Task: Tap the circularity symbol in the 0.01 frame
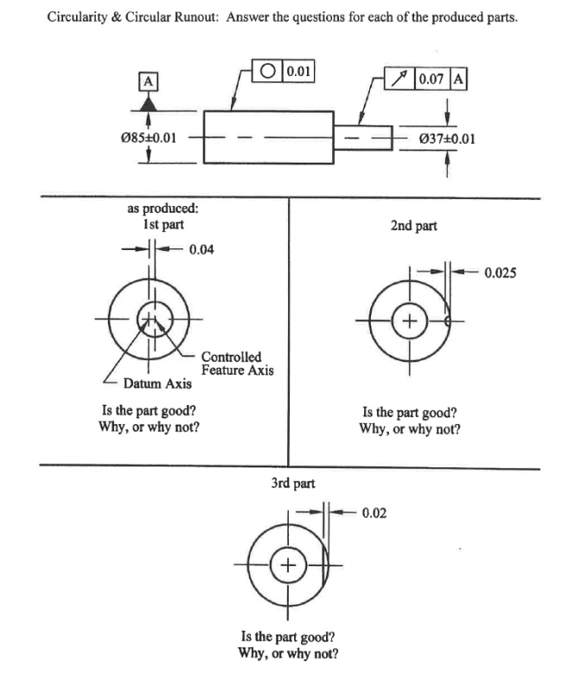pos(268,71)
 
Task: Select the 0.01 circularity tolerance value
pos(297,71)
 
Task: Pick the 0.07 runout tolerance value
pos(430,80)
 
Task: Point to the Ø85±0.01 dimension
pos(149,137)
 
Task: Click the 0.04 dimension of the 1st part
pos(201,251)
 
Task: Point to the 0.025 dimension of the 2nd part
pos(501,273)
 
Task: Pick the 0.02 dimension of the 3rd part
pos(374,513)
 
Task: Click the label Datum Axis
pos(157,383)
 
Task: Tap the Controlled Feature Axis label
pos(237,363)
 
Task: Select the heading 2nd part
pos(413,226)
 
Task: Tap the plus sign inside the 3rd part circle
pos(289,566)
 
